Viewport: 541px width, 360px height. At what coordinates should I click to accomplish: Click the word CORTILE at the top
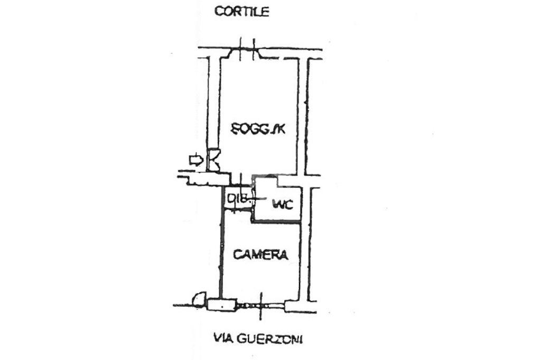coord(241,12)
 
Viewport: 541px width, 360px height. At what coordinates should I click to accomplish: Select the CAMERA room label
coord(261,255)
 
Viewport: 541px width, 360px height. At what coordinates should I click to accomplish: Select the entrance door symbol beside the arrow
coord(214,159)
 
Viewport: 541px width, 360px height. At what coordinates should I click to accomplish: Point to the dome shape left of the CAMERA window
coord(198,300)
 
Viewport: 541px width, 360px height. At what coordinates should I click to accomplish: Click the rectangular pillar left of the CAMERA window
coord(221,305)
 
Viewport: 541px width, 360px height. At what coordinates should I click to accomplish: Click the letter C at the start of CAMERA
coord(238,255)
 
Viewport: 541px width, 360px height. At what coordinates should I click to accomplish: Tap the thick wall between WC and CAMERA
coord(277,221)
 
